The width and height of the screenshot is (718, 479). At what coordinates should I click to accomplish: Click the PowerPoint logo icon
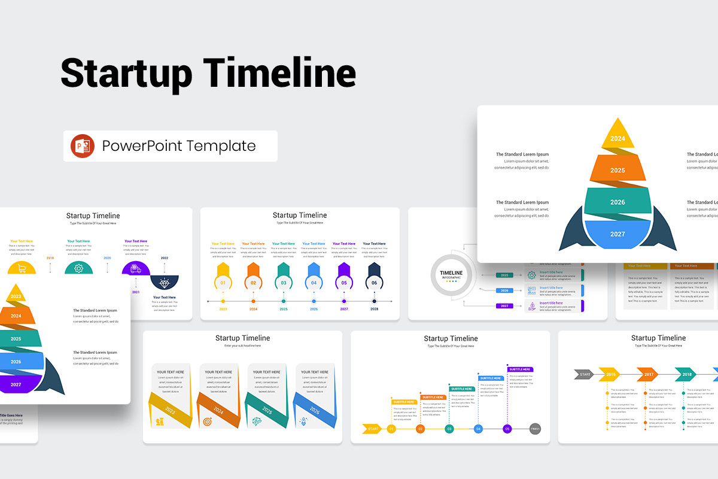[83, 146]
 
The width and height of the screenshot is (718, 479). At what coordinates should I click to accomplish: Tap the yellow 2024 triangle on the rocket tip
[617, 135]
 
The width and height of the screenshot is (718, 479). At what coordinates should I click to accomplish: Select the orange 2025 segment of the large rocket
[617, 169]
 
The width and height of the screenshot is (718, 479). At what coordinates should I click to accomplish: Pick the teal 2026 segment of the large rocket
[617, 201]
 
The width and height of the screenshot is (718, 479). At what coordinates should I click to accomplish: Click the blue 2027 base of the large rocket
[617, 234]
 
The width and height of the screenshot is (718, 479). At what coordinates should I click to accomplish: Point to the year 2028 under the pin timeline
[374, 309]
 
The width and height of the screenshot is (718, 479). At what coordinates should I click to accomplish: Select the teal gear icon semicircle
[78, 268]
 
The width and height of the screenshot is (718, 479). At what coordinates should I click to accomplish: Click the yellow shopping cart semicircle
[22, 269]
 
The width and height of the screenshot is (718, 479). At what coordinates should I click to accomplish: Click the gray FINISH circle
[536, 429]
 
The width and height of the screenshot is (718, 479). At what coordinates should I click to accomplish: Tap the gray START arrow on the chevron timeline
[584, 374]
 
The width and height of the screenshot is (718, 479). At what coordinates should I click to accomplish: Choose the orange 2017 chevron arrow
[648, 374]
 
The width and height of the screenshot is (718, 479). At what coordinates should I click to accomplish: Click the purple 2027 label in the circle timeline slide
[504, 306]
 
